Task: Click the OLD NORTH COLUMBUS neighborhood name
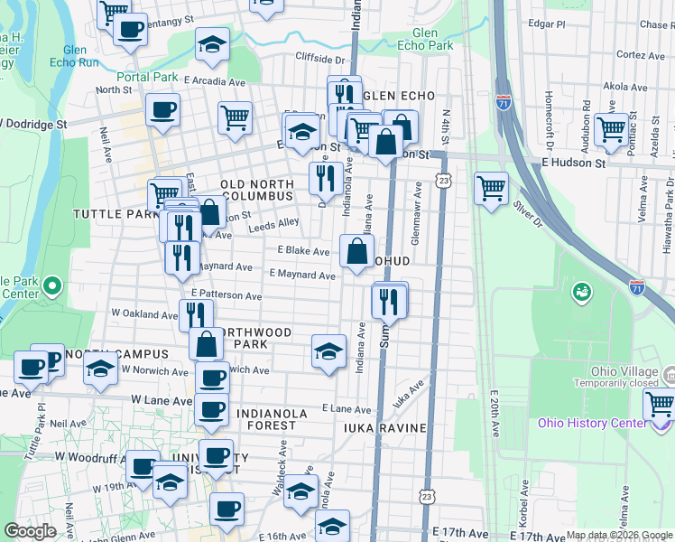[256, 190]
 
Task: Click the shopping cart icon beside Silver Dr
[492, 189]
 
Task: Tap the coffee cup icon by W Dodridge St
[162, 111]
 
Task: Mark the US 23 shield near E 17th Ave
[426, 497]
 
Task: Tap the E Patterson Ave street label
[227, 296]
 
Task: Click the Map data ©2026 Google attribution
[618, 535]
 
